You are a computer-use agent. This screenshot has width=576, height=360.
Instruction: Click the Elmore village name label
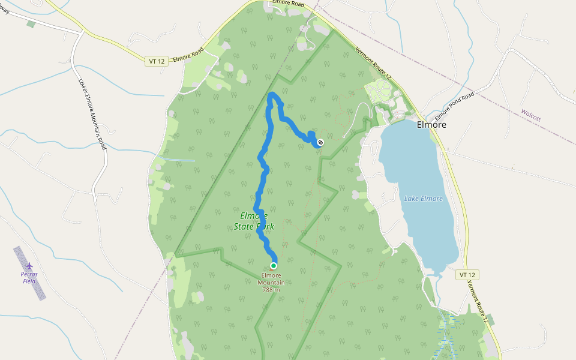point(431,125)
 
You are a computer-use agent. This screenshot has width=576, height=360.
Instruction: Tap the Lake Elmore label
point(423,199)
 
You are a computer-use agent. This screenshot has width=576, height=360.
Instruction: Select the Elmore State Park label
point(257,221)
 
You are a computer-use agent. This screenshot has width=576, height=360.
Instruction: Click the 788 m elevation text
point(271,289)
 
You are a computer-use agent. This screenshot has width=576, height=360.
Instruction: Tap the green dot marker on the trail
point(274,265)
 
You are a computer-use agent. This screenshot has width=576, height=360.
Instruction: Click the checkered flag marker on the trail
point(320,142)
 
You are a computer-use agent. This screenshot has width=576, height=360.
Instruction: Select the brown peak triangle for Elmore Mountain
point(271,269)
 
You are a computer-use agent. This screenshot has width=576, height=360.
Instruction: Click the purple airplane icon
point(29,265)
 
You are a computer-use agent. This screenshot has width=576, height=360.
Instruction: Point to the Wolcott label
point(531,115)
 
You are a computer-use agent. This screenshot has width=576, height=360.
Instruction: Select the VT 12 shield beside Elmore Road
point(156,61)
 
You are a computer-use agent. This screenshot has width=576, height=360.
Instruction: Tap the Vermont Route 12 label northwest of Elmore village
point(373,64)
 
